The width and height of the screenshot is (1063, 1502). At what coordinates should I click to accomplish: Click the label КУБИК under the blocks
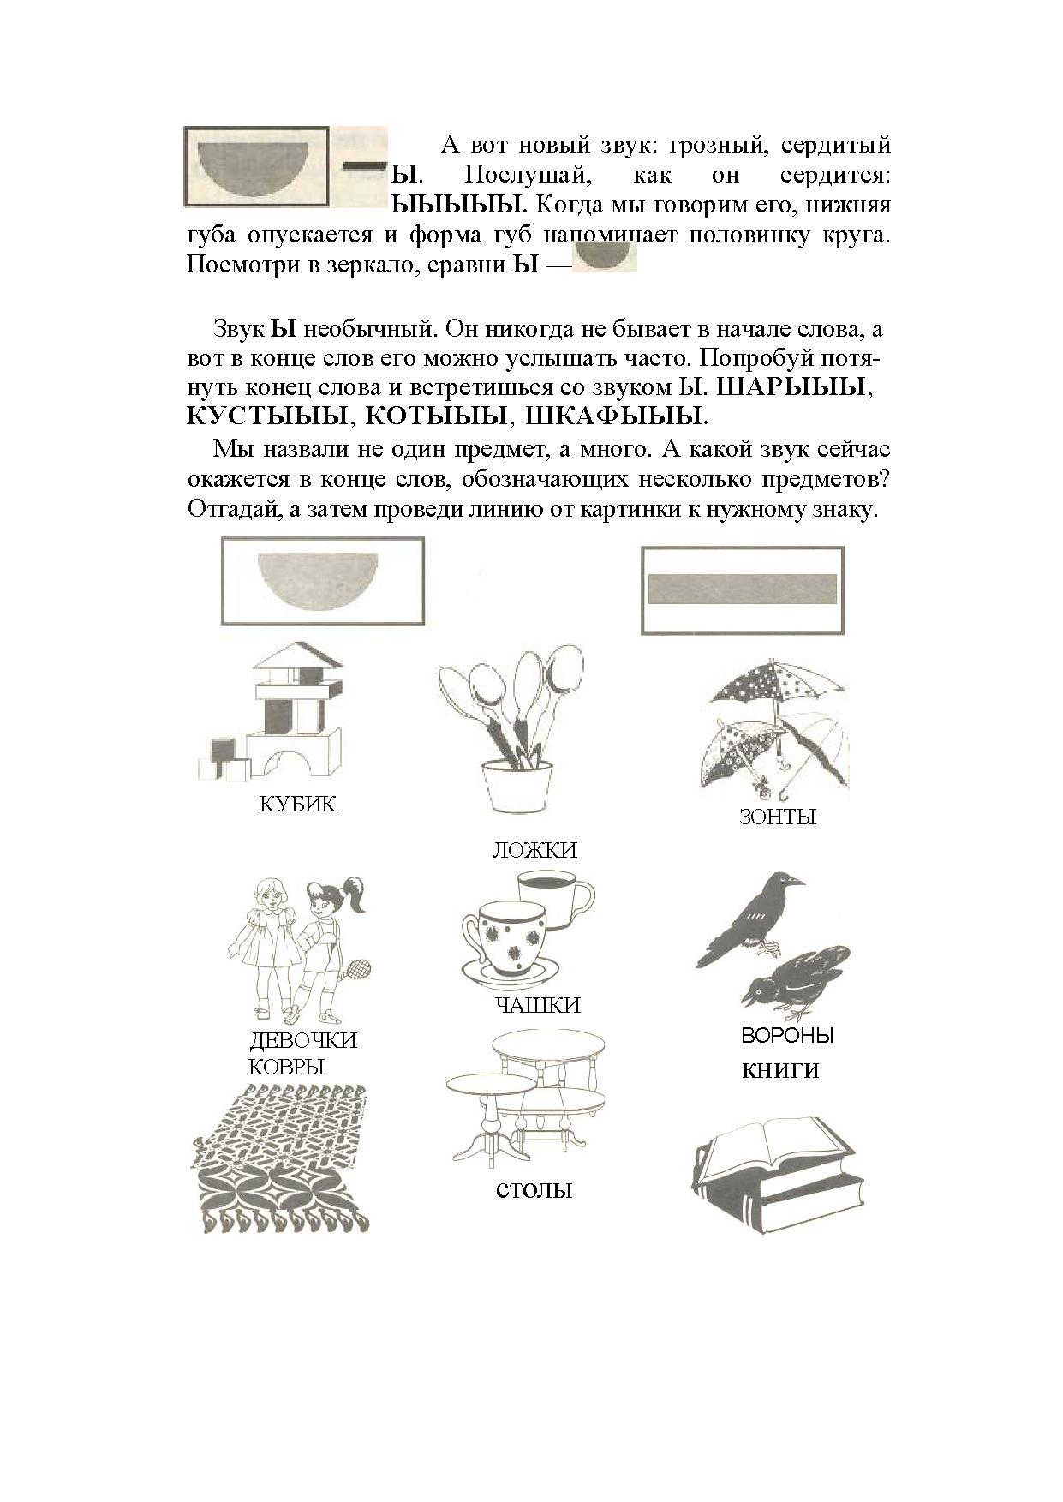coord(297,805)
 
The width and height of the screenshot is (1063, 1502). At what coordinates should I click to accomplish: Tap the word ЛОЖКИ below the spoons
coord(534,850)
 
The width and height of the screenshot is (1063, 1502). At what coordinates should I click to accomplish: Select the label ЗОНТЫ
coord(777,817)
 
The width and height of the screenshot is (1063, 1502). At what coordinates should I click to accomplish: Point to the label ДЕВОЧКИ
coord(303,1041)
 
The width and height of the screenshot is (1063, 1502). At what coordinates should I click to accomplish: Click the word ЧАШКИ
coord(537,1005)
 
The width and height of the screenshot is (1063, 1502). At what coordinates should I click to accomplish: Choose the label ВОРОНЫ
coord(786,1036)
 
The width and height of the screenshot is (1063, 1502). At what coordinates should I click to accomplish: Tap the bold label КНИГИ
coord(780,1071)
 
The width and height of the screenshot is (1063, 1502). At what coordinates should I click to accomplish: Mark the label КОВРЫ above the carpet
coord(286,1067)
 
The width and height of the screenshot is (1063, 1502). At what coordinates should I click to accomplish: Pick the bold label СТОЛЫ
coord(534,1191)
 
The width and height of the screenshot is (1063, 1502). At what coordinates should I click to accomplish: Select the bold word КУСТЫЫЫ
coord(267,416)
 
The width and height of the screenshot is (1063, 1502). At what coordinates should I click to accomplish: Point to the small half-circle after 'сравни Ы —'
coord(605,257)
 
